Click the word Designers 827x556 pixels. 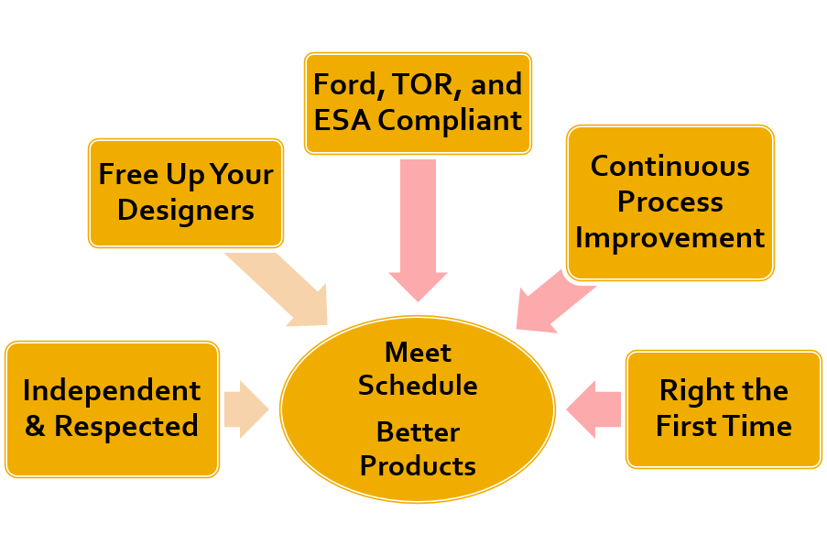[186, 210]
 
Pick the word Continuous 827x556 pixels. [670, 166]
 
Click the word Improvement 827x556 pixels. [670, 237]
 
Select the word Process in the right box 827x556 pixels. [670, 202]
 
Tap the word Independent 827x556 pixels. [112, 390]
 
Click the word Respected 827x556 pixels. [125, 426]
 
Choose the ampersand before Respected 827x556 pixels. [35, 426]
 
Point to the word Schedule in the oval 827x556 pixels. [418, 386]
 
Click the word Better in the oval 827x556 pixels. [418, 431]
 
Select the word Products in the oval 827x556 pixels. [418, 465]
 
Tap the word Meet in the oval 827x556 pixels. [418, 352]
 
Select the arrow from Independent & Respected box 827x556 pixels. [245, 409]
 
